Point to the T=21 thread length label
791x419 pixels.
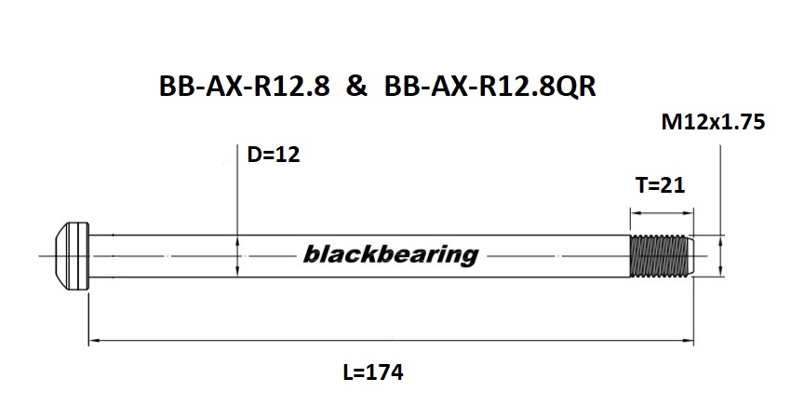tap(660, 185)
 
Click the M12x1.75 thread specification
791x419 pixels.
tap(712, 122)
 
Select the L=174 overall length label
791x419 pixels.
tap(372, 373)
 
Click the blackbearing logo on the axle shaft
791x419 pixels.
tap(390, 254)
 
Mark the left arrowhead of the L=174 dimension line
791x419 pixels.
tap(94, 342)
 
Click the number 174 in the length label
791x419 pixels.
tap(385, 373)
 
